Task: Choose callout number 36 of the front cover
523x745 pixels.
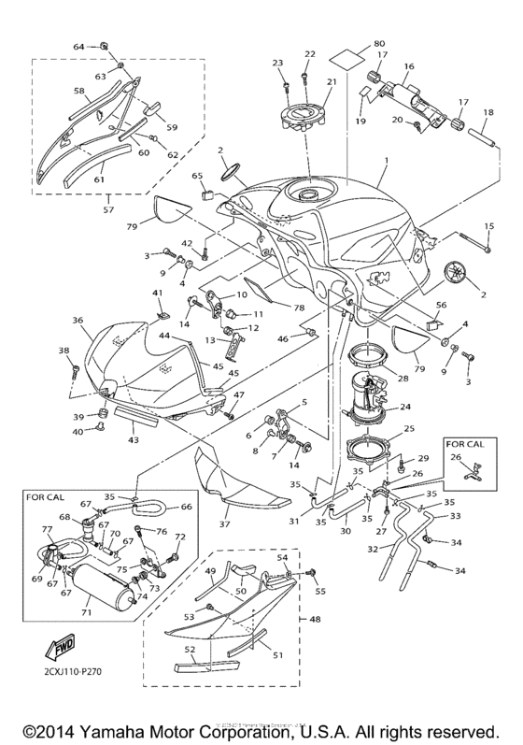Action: [x=78, y=320]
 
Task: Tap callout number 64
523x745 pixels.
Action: [x=78, y=46]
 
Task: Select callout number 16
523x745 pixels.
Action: [x=408, y=67]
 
